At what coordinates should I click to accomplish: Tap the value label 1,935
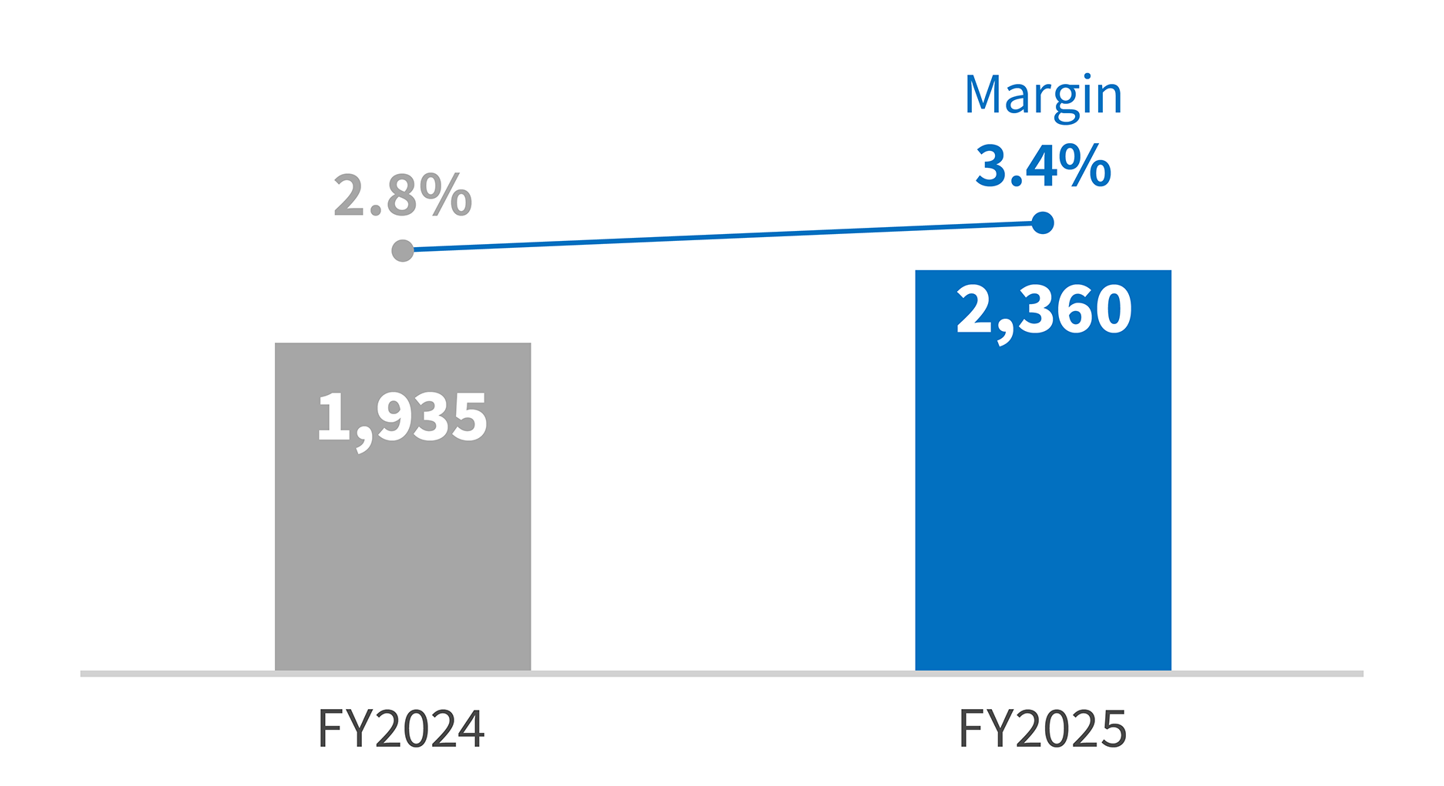(402, 418)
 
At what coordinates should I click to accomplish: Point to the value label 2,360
(1044, 310)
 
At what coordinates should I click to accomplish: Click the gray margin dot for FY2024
(402, 250)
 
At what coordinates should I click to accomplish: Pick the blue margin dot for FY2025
(1043, 223)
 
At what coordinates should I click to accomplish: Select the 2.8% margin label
(402, 196)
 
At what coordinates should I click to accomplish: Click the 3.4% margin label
(1043, 166)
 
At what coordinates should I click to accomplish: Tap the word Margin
(1043, 96)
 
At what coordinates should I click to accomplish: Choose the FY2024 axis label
(401, 729)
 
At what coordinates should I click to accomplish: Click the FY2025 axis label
(1043, 729)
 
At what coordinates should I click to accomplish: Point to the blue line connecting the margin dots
(722, 236)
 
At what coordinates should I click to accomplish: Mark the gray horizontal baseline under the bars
(722, 674)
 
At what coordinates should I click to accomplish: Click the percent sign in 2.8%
(451, 196)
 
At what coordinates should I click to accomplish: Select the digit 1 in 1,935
(332, 418)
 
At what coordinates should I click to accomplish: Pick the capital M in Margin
(986, 95)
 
